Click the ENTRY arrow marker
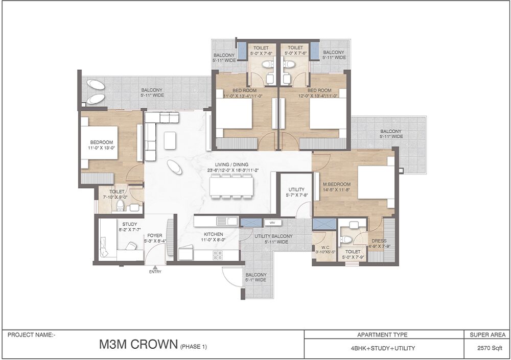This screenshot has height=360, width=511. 155,267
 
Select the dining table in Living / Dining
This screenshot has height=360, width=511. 231,186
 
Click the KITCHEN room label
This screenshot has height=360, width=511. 214,234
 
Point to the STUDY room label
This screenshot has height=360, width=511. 130,224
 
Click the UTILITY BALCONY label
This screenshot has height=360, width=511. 273,236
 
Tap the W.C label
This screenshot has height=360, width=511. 325,248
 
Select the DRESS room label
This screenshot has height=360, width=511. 379,241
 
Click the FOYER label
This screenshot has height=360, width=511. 155,235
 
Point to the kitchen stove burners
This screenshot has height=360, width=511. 217,255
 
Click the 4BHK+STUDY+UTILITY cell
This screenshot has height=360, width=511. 383,348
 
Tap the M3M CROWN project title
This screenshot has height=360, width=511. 138,344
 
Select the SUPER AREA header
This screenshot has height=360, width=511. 487,334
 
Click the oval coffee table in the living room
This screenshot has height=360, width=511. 175,167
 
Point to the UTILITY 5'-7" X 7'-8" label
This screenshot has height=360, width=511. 296,192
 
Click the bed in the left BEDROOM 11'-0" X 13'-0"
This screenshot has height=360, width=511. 99,142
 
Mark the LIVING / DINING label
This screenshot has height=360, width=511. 231,164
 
